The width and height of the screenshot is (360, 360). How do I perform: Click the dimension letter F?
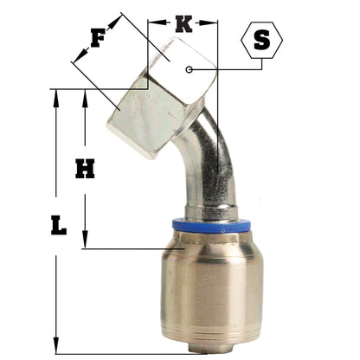(98, 38)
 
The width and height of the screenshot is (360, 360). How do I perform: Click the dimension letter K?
(183, 24)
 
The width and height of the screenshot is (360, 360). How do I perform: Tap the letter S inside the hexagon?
(262, 40)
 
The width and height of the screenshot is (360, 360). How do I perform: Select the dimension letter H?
(85, 168)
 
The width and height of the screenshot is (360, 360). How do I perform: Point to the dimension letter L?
(59, 225)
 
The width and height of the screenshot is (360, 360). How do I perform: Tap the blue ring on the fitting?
(211, 226)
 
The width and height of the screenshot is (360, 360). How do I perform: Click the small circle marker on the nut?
(189, 69)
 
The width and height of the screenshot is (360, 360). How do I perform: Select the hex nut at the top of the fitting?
(162, 98)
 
